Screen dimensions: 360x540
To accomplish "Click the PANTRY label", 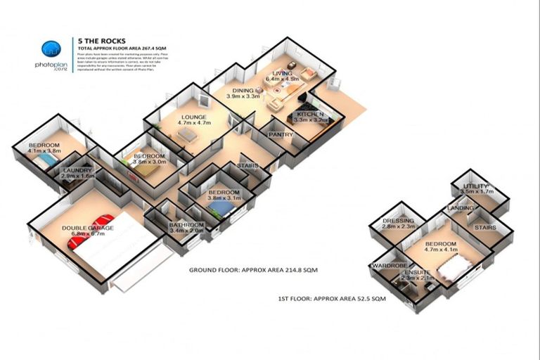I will pyautogui.click(x=281, y=134).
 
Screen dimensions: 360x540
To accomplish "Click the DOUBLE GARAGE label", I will pyautogui.click(x=88, y=229).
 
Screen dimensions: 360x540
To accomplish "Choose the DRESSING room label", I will pyautogui.click(x=399, y=223).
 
